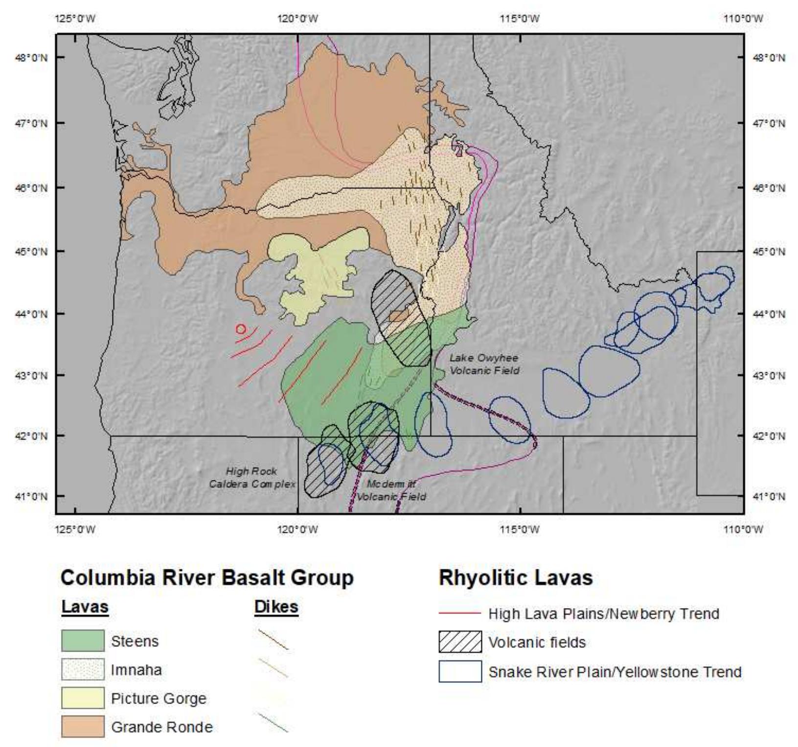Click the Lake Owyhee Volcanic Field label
[x=484, y=364]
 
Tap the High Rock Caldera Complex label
[x=252, y=477]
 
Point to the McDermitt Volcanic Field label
[x=391, y=490]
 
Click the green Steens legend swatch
[x=83, y=641]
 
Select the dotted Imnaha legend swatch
[x=83, y=669]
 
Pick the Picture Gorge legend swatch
[x=83, y=698]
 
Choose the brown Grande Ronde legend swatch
[x=83, y=726]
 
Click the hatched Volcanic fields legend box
[x=460, y=642]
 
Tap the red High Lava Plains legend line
[x=460, y=613]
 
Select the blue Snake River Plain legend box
[x=460, y=672]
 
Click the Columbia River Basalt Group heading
[x=207, y=578]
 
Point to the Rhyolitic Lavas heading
[x=516, y=578]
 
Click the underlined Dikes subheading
[x=276, y=607]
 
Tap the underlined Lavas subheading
[x=85, y=607]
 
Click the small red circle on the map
[x=240, y=329]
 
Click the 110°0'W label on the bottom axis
[x=743, y=529]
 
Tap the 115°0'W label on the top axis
[x=520, y=19]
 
